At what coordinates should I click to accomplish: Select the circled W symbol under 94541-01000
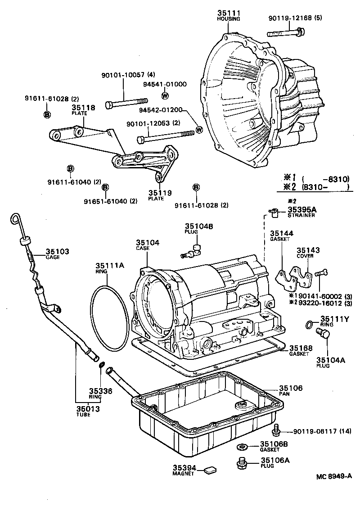tap(165, 95)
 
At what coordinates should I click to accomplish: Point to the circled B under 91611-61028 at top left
tap(47, 115)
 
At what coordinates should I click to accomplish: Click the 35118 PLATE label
tap(83, 110)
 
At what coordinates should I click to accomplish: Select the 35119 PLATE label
tap(160, 195)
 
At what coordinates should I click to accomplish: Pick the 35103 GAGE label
tap(57, 253)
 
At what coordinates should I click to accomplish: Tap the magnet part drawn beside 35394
tap(209, 471)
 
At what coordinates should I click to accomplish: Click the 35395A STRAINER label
tap(302, 212)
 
